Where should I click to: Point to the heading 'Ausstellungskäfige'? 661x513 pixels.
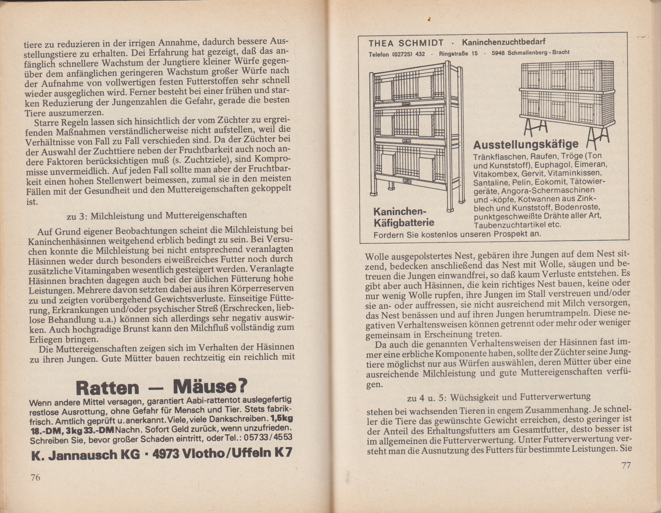[x=526, y=144]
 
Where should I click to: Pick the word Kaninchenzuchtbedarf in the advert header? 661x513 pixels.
[x=504, y=42]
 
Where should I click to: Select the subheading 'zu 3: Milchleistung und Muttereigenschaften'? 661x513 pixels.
[x=156, y=215]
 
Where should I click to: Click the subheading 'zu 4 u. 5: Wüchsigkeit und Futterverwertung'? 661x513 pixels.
[x=499, y=397]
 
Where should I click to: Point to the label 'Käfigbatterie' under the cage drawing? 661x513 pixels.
[x=404, y=223]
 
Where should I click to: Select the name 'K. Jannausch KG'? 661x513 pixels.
[x=86, y=455]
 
